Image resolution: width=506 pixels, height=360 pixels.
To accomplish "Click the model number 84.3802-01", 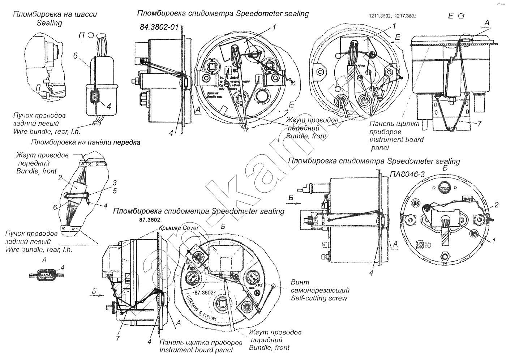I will [159, 27].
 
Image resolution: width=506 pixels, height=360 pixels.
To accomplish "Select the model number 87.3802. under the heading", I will [151, 220].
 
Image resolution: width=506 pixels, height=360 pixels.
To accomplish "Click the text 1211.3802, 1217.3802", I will [393, 16].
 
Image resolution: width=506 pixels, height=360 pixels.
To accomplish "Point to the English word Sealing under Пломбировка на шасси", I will [50, 23].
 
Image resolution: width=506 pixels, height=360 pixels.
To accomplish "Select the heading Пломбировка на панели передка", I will [86, 142].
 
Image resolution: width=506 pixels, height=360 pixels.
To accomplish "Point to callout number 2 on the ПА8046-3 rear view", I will [497, 205].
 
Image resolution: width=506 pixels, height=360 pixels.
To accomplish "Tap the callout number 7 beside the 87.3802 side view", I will [118, 338].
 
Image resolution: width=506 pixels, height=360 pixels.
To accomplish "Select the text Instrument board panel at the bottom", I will [196, 350].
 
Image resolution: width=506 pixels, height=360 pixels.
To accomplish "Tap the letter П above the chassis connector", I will [82, 35].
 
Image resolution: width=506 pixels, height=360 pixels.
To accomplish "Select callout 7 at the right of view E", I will [479, 124].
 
